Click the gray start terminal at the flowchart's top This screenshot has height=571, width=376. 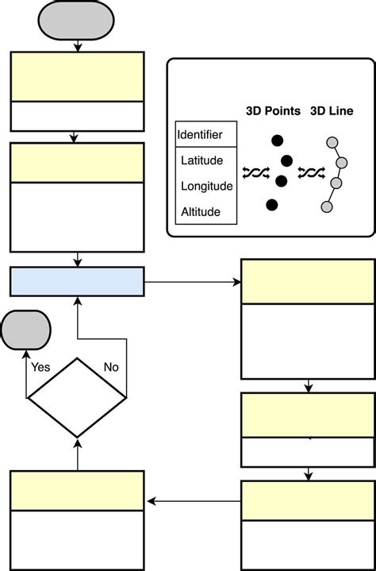(x=77, y=20)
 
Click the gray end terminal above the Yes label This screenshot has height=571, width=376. (x=25, y=330)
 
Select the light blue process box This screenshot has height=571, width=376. (x=77, y=281)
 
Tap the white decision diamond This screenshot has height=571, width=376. (x=77, y=396)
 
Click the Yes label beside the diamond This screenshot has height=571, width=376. (x=40, y=368)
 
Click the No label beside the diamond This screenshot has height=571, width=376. (x=112, y=368)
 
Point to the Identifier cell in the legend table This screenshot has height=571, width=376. (x=200, y=134)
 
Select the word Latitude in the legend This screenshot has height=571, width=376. (x=201, y=160)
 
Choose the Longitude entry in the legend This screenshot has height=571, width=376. (x=206, y=187)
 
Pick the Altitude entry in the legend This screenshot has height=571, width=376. (x=200, y=212)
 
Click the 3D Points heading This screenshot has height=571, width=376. (x=273, y=111)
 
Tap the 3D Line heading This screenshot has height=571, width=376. (x=332, y=111)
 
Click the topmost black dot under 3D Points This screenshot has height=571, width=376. (x=276, y=141)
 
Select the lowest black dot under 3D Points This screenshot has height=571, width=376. (x=272, y=206)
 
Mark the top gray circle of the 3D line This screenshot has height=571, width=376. (x=333, y=144)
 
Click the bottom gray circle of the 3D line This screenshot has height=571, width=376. (x=326, y=206)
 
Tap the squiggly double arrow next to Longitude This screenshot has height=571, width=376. (x=255, y=172)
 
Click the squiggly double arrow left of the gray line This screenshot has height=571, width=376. (x=310, y=172)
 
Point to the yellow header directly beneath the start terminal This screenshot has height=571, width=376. (x=77, y=77)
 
